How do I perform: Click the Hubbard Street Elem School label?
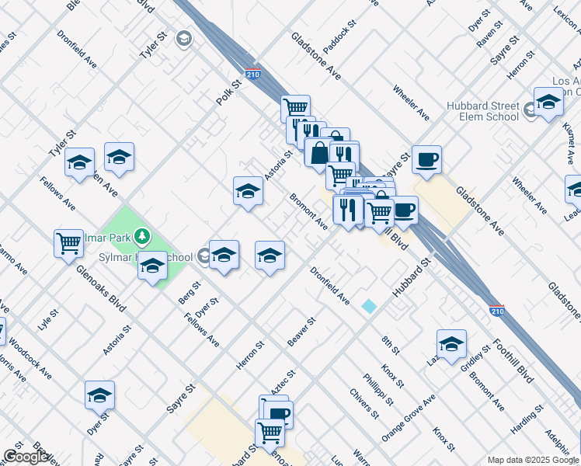(482, 111)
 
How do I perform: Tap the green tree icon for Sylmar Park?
(141, 235)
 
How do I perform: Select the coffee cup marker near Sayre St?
(426, 161)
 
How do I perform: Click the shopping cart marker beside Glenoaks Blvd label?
(69, 243)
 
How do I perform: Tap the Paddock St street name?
(339, 37)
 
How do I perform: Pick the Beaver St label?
(301, 332)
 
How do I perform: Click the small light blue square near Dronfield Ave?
(369, 307)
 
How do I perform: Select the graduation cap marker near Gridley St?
(451, 344)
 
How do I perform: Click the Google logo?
(26, 457)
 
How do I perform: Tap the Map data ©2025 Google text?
(531, 460)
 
